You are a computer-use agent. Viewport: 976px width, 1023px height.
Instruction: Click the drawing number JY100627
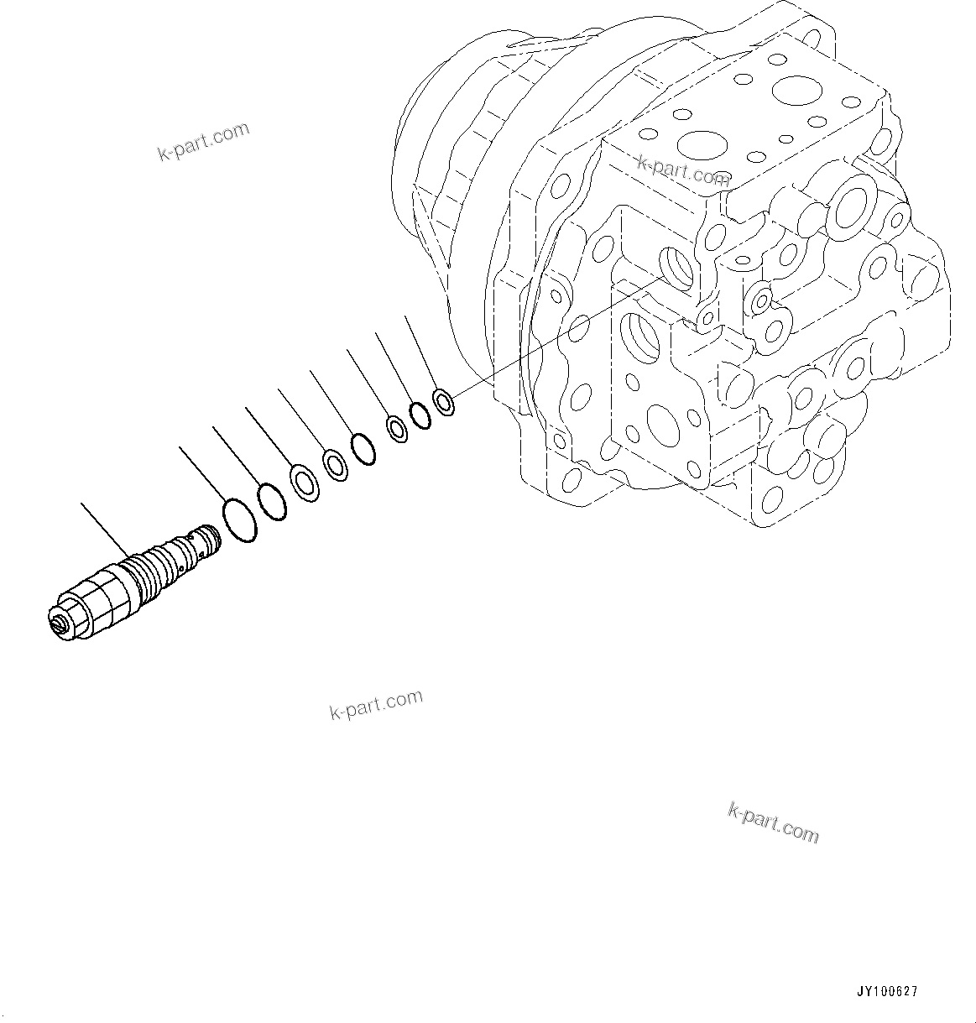887,991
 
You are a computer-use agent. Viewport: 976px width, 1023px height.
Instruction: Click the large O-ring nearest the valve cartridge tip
240,520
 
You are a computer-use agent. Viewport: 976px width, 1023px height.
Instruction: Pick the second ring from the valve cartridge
271,502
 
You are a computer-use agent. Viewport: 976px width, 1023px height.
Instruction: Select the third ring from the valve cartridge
305,483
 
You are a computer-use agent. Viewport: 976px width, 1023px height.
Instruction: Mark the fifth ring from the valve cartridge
363,448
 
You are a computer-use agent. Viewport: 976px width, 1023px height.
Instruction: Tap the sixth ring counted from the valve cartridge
396,429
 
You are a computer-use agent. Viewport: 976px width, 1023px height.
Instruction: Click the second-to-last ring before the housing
420,415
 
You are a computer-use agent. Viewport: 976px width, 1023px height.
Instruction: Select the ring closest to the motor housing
444,400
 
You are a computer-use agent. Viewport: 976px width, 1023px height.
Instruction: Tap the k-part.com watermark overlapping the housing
683,170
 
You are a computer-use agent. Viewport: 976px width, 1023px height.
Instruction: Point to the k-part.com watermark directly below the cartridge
375,705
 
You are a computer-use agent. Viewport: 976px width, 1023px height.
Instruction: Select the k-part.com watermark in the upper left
203,141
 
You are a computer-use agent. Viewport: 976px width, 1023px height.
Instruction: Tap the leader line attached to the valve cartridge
107,530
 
